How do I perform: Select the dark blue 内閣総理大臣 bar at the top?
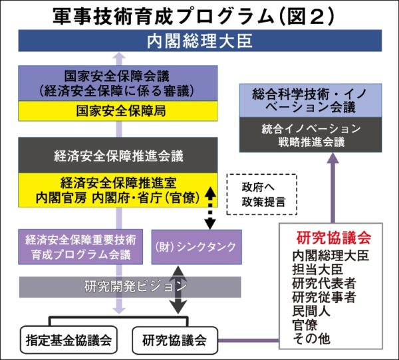pyautogui.click(x=199, y=42)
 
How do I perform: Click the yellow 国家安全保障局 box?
pyautogui.click(x=120, y=110)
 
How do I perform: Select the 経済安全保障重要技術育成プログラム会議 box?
pyautogui.click(x=81, y=246)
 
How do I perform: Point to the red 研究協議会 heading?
pyautogui.click(x=331, y=236)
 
